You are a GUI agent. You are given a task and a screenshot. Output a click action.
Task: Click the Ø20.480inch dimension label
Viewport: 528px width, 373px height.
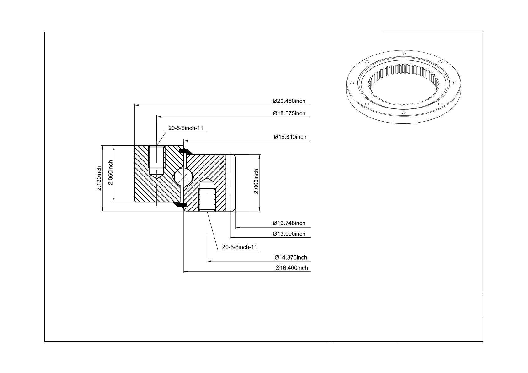pyautogui.click(x=289, y=101)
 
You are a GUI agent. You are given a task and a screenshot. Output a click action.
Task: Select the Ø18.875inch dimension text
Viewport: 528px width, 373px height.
pyautogui.click(x=289, y=113)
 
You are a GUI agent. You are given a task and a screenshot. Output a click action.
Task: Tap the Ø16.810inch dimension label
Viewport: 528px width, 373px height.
pyautogui.click(x=290, y=137)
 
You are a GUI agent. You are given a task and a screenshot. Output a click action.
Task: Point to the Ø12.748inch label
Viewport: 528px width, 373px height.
pyautogui.click(x=289, y=223)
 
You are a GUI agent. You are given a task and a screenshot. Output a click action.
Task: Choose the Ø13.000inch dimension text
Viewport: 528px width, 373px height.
pyautogui.click(x=289, y=234)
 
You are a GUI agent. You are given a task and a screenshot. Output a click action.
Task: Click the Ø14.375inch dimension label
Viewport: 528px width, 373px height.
pyautogui.click(x=291, y=257)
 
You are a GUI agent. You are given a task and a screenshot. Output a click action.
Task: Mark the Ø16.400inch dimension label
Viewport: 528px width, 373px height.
pyautogui.click(x=292, y=268)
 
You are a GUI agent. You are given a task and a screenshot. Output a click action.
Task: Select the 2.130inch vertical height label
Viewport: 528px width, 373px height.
pyautogui.click(x=99, y=178)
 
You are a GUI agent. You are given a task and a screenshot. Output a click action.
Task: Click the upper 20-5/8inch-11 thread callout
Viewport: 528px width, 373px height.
pyautogui.click(x=186, y=128)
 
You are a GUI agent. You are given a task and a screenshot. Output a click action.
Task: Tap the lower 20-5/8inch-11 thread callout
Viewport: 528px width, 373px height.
pyautogui.click(x=240, y=247)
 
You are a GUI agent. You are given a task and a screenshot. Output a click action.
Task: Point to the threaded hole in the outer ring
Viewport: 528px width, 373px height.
pyautogui.click(x=156, y=162)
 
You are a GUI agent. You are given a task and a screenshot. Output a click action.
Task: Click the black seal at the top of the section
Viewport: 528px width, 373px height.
pyautogui.click(x=185, y=151)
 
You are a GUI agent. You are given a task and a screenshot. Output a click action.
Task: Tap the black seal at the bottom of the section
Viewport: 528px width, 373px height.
pyautogui.click(x=180, y=205)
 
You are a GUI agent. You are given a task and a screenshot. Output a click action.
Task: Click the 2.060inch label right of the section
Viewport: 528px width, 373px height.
pyautogui.click(x=256, y=181)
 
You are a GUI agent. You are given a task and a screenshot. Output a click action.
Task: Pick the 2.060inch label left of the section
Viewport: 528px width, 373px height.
pyautogui.click(x=111, y=173)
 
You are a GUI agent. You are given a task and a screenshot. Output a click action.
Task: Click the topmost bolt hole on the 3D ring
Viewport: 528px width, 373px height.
pyautogui.click(x=403, y=53)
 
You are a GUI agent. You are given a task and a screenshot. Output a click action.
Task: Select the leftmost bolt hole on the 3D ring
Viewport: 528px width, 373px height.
pyautogui.click(x=352, y=83)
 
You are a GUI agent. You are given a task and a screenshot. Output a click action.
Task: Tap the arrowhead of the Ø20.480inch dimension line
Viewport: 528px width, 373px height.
pyautogui.click(x=136, y=105)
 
